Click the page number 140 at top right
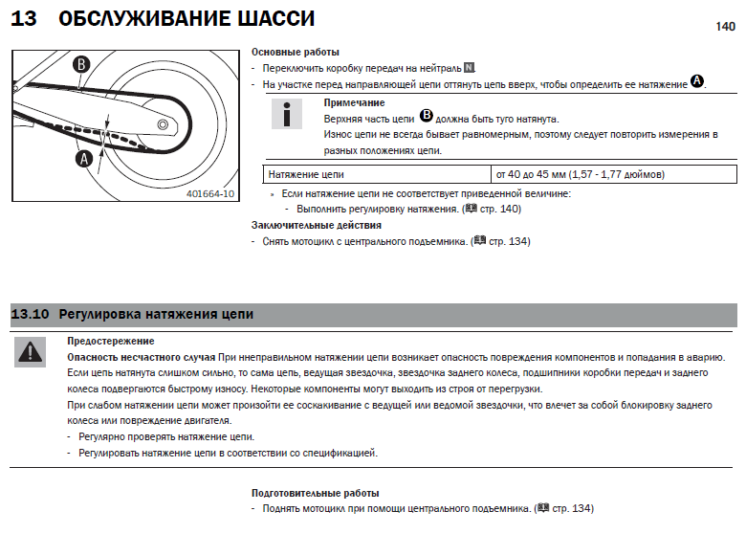click(725, 28)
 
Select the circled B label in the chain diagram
click(82, 64)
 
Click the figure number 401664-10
click(211, 192)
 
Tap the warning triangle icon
click(30, 353)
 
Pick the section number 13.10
click(30, 313)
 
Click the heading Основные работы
click(295, 52)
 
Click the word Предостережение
click(111, 341)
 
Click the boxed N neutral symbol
click(468, 69)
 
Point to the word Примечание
click(354, 101)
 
